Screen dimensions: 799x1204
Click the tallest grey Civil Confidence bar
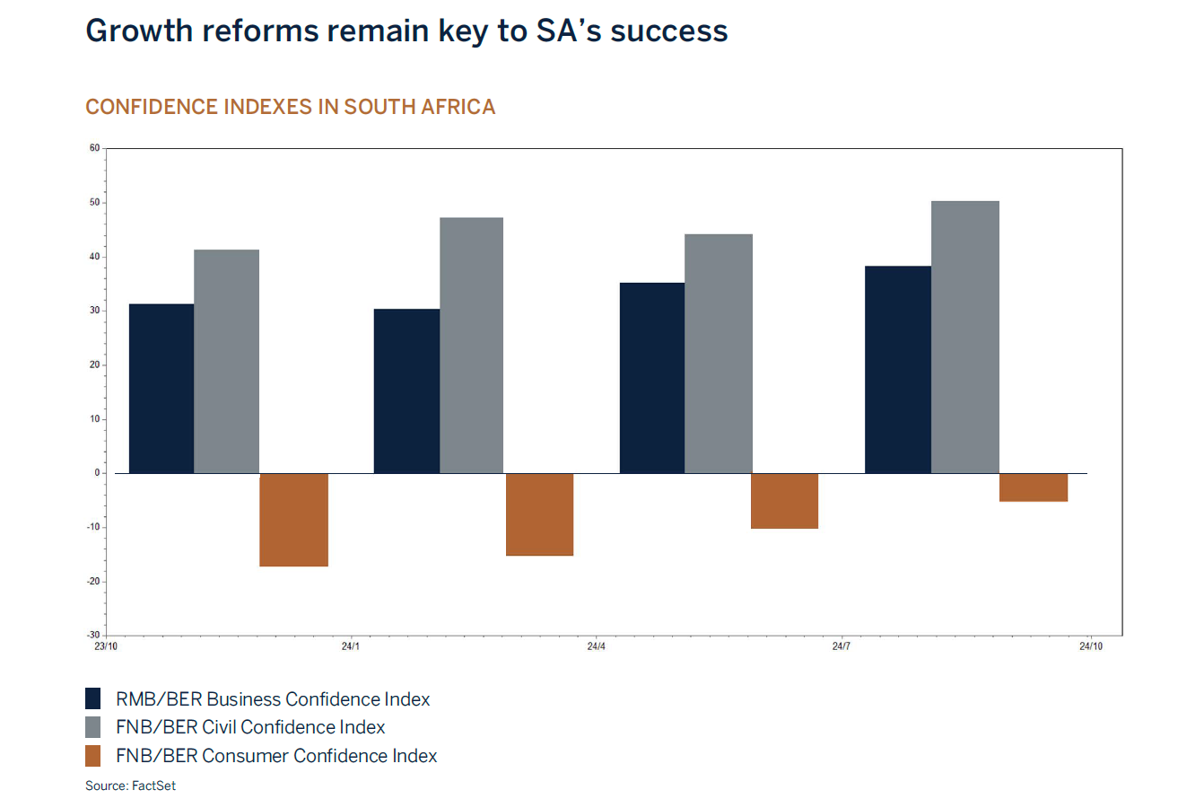(964, 337)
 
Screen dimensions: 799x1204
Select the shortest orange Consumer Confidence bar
(1033, 487)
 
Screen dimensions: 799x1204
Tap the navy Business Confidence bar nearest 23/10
(161, 389)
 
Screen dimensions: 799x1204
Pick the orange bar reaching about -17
(293, 520)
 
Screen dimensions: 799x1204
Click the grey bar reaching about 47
(471, 346)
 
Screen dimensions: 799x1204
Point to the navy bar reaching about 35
(652, 378)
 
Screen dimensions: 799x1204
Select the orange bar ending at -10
(784, 501)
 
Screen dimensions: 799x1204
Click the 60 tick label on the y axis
(94, 148)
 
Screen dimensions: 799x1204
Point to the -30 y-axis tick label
(92, 636)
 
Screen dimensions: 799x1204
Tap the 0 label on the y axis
(97, 473)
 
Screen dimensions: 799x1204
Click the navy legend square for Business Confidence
(94, 699)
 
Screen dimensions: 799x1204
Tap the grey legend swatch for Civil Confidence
(94, 728)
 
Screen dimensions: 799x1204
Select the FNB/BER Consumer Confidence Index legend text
(276, 756)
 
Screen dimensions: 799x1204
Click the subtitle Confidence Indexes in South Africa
(290, 107)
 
